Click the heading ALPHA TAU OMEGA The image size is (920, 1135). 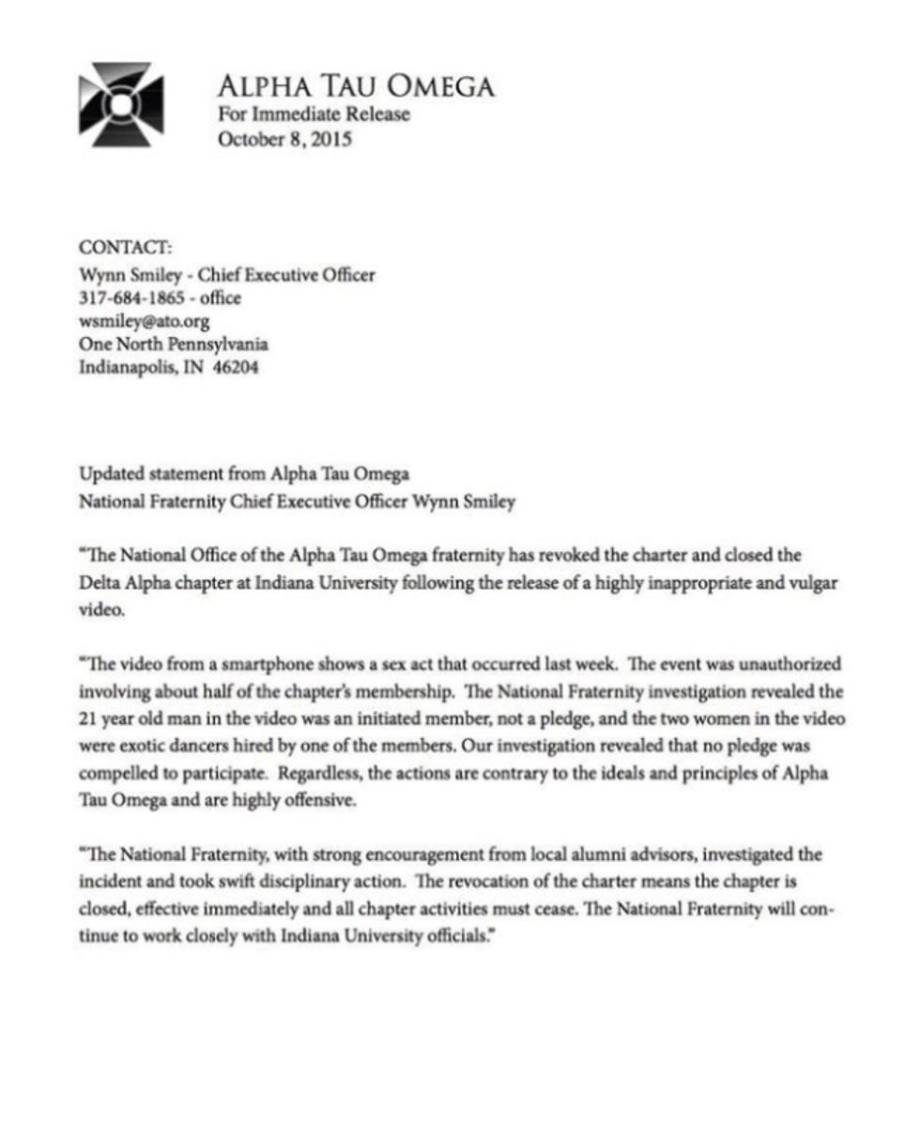[x=355, y=87]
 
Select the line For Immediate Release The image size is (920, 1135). [x=314, y=115]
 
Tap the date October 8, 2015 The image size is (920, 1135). [x=284, y=141]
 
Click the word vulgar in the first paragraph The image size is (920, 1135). [x=810, y=583]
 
